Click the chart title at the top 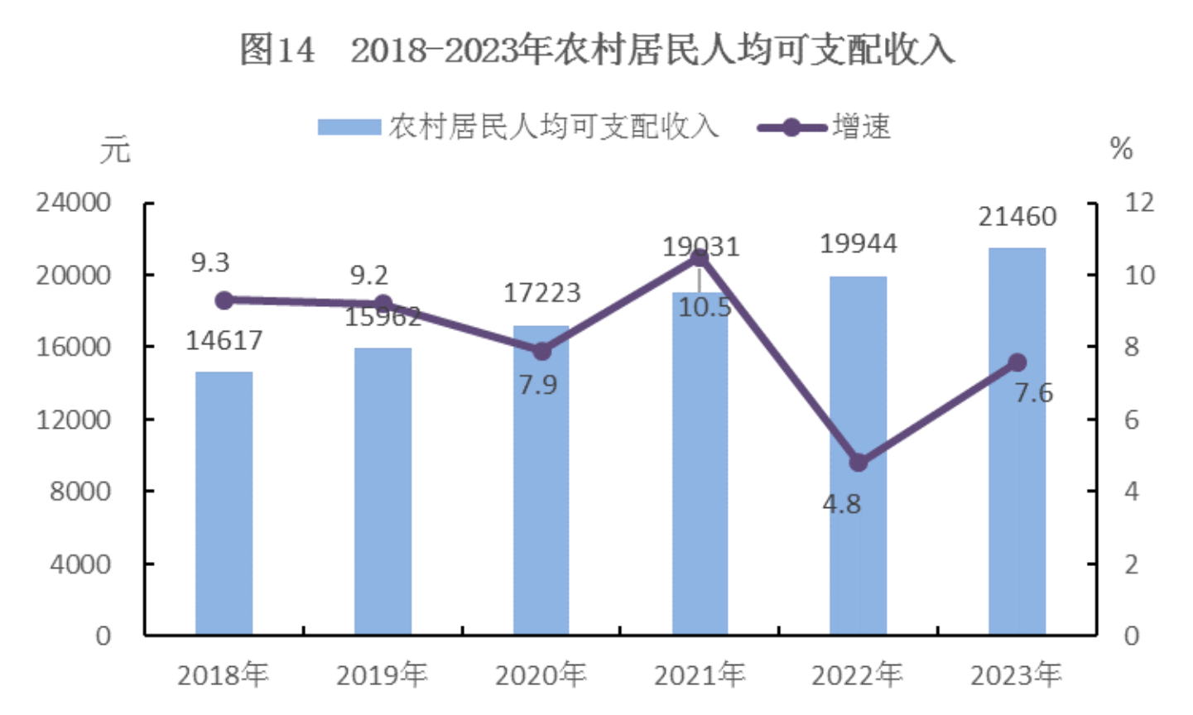(596, 50)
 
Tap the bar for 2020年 (541, 497)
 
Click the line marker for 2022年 (859, 463)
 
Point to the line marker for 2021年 (700, 258)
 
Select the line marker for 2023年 (1017, 362)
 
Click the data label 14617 (224, 340)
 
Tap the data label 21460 (1017, 217)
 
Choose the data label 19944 (859, 243)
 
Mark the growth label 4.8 (841, 503)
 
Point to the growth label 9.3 (210, 262)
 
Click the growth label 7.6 (1034, 392)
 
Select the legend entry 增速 (861, 127)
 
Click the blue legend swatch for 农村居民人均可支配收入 (349, 127)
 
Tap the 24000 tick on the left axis (73, 203)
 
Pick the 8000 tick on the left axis (79, 492)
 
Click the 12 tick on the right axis (1139, 203)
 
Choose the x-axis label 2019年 (382, 675)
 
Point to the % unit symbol (1121, 149)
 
